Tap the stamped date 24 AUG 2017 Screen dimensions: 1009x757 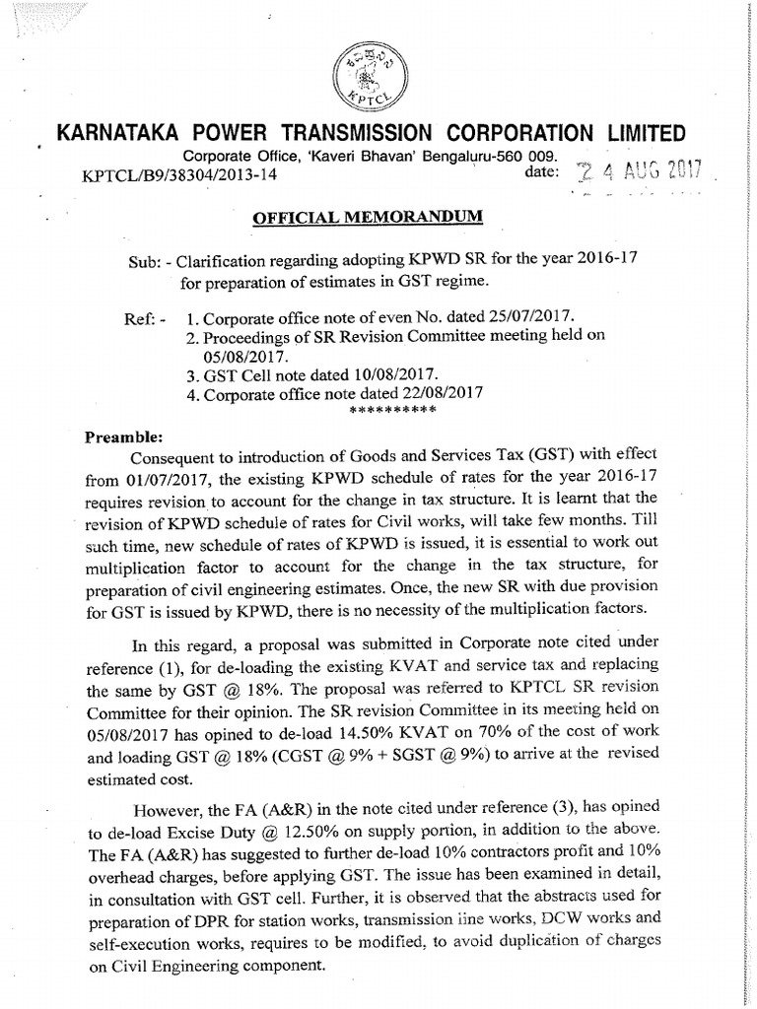(640, 171)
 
